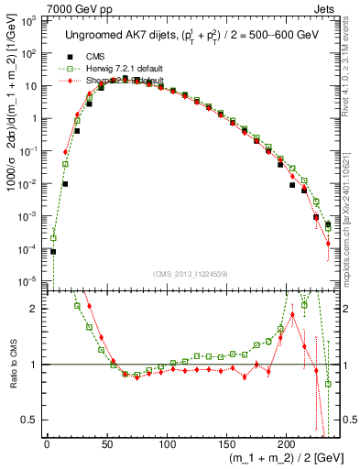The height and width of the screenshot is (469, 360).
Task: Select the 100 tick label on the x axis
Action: (x=167, y=446)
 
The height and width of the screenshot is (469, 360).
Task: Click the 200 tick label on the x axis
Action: (x=286, y=446)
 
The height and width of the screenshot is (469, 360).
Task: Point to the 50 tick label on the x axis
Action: (x=106, y=446)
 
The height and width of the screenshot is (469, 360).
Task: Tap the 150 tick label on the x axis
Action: (x=226, y=446)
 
